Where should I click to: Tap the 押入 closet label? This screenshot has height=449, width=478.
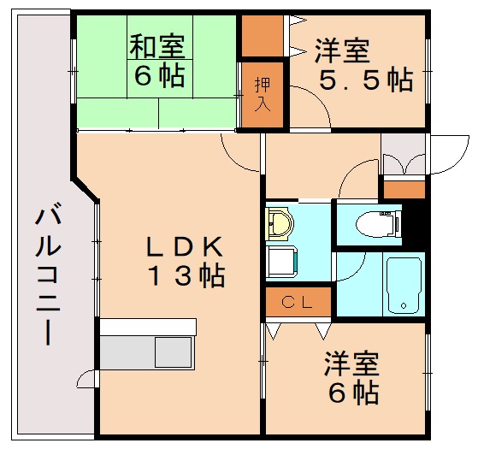(x=263, y=93)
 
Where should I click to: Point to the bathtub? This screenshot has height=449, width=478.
(x=401, y=284)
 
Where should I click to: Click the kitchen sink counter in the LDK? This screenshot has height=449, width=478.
(x=148, y=352)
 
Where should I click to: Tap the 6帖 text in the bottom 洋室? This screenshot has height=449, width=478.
(x=353, y=393)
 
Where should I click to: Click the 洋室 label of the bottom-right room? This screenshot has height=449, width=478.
(x=351, y=364)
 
